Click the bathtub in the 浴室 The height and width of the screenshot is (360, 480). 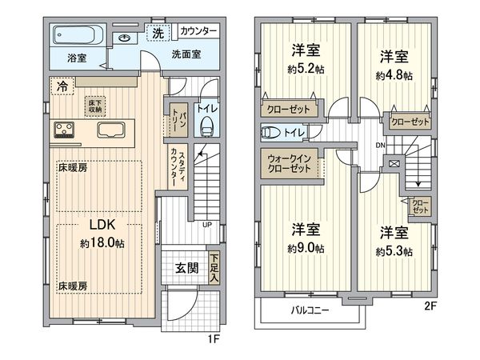pos(78,36)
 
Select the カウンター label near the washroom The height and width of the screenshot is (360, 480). pos(198,31)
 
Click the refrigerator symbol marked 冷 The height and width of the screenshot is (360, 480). pos(61,85)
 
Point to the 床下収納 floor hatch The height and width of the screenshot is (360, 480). pos(95,105)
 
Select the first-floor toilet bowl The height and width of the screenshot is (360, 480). pos(207,125)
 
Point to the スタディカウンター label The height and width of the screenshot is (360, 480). pos(176,167)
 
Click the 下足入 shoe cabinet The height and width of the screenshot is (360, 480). pos(214,269)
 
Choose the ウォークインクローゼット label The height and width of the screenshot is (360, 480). pos(286,163)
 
